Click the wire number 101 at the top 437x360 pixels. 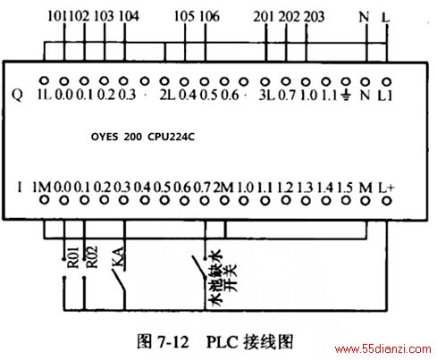pyautogui.click(x=58, y=16)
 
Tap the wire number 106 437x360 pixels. pyautogui.click(x=209, y=16)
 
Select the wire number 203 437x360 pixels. pyautogui.click(x=314, y=17)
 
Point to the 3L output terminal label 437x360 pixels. pyautogui.click(x=266, y=95)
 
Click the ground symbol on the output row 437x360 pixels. pyautogui.click(x=346, y=96)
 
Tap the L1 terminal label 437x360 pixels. pyautogui.click(x=385, y=96)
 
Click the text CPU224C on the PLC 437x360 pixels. pyautogui.click(x=171, y=137)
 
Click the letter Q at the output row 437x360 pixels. pyautogui.click(x=17, y=96)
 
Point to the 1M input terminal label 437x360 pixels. pyautogui.click(x=42, y=188)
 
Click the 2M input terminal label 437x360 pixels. pyautogui.click(x=223, y=188)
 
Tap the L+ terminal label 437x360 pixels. pyautogui.click(x=386, y=188)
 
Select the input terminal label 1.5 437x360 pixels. pyautogui.click(x=345, y=188)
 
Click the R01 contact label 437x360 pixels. pyautogui.click(x=73, y=257)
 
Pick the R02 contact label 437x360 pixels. pyautogui.click(x=92, y=256)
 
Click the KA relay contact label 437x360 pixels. pyautogui.click(x=118, y=256)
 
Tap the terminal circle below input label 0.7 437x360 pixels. pyautogui.click(x=205, y=201)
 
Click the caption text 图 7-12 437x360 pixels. pyautogui.click(x=163, y=341)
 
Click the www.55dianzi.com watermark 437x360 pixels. pyautogui.click(x=383, y=348)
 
